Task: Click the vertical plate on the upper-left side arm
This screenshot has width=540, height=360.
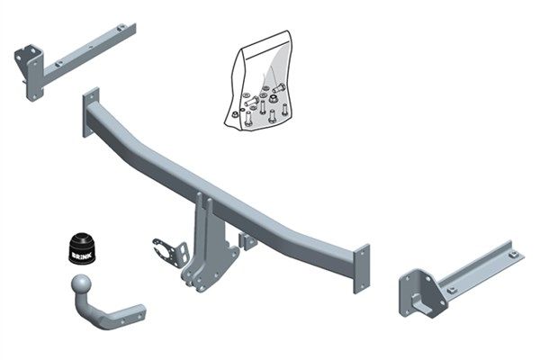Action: (x=31, y=68)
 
